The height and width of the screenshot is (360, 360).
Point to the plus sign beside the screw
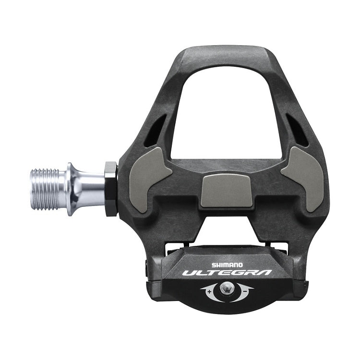(x=210, y=290)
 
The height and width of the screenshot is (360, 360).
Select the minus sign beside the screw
(x=245, y=290)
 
